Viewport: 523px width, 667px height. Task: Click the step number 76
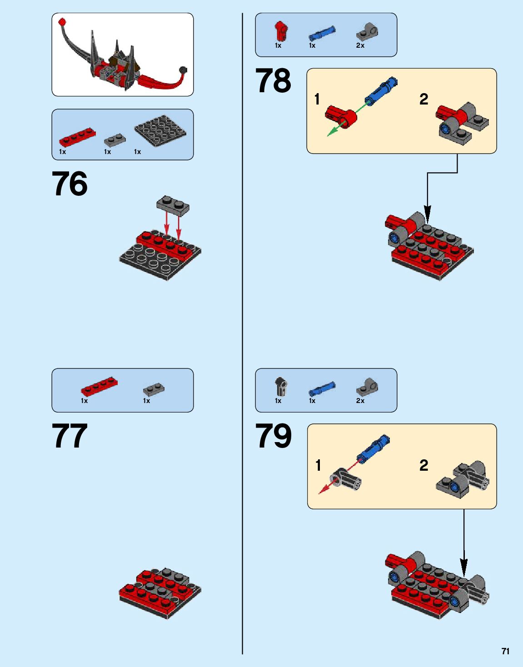click(x=70, y=184)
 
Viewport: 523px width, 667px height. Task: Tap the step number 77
click(x=70, y=436)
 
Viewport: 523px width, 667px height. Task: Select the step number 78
click(x=273, y=80)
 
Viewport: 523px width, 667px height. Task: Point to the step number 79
click(x=273, y=436)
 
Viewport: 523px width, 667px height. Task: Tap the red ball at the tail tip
click(x=62, y=22)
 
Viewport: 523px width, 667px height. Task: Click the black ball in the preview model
click(x=183, y=70)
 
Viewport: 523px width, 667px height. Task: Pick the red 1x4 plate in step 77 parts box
click(x=99, y=386)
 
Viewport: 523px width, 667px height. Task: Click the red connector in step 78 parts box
click(x=280, y=31)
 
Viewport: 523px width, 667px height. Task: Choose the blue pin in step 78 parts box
click(x=322, y=33)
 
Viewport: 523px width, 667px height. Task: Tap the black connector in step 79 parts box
click(x=281, y=386)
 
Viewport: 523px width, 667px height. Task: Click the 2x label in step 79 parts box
click(x=360, y=401)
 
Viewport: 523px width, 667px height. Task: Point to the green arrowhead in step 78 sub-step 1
click(x=332, y=132)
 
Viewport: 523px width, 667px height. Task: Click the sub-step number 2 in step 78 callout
click(x=423, y=100)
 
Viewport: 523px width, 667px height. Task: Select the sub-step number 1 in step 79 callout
click(x=318, y=465)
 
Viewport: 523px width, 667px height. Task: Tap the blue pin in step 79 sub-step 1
click(x=373, y=449)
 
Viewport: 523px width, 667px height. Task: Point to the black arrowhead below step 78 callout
click(x=427, y=214)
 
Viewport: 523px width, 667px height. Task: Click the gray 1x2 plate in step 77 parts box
click(x=154, y=389)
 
